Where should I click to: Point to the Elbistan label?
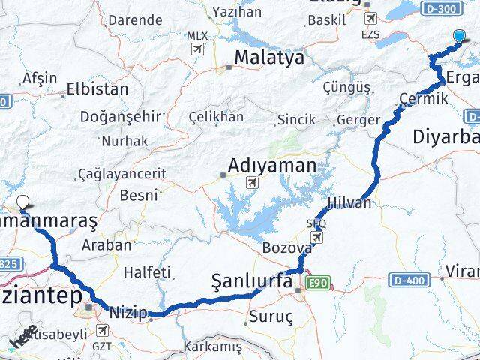[x=97, y=88]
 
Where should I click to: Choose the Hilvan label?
[x=349, y=203]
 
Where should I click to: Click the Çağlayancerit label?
[x=122, y=173]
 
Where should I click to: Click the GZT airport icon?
[x=100, y=330]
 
